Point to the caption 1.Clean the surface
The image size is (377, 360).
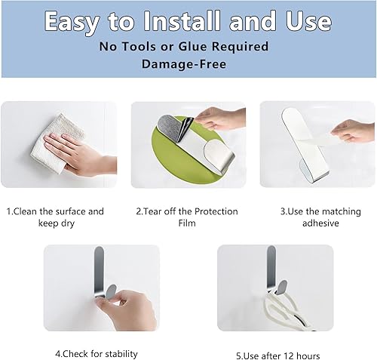[x=55, y=211]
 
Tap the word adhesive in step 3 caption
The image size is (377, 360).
[x=320, y=223]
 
